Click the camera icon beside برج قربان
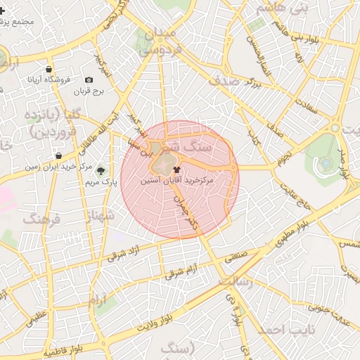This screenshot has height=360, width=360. point(89,80)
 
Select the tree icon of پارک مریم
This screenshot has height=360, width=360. point(100,171)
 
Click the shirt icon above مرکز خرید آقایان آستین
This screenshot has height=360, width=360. point(176,169)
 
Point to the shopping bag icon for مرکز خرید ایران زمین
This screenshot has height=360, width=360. point(57,155)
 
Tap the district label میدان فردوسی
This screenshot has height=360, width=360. point(162,41)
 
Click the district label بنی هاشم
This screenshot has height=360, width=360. point(282,8)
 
